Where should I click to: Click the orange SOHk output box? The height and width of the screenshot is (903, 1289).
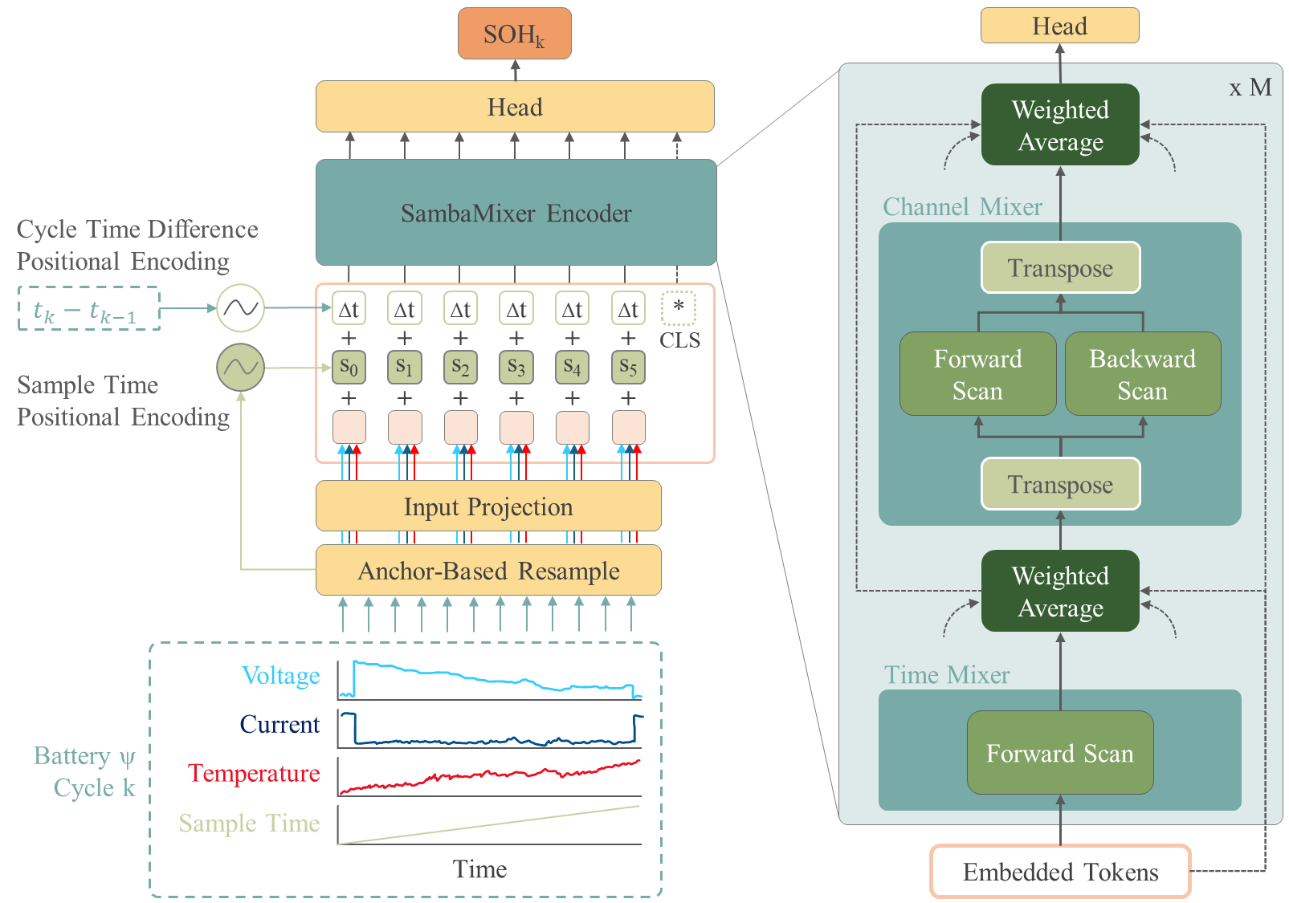[514, 34]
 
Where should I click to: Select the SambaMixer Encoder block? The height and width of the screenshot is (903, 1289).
[515, 213]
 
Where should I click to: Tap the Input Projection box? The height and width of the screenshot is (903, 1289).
[488, 506]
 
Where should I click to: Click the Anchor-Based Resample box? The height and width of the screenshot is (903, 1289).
[488, 571]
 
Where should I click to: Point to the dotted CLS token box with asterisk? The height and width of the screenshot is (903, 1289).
[679, 308]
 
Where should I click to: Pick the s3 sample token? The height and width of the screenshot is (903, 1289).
[516, 368]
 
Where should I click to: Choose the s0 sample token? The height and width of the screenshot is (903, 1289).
[349, 368]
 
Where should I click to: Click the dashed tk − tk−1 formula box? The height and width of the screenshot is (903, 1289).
[88, 309]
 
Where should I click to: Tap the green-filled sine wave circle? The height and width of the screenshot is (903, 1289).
[240, 368]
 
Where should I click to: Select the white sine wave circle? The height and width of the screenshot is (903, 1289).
[240, 308]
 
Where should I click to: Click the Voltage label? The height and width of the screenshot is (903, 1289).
[280, 676]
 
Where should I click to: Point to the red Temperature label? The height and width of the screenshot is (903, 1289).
[254, 773]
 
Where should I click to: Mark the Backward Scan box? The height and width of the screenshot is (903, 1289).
[1142, 374]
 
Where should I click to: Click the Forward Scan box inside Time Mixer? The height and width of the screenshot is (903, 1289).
[1060, 753]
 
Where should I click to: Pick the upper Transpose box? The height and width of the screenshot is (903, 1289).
[1060, 268]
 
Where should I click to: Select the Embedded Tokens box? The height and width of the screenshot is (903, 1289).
[1060, 872]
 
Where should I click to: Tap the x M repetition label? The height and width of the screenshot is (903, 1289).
[1250, 87]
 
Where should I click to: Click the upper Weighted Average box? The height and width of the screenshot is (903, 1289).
[1060, 125]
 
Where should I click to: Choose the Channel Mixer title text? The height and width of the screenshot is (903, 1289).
[962, 207]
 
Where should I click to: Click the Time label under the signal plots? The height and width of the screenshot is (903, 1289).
[479, 869]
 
